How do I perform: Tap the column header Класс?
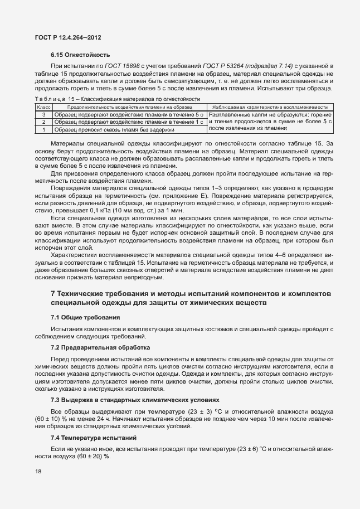pyautogui.click(x=43, y=106)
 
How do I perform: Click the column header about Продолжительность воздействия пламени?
pyautogui.click(x=129, y=106)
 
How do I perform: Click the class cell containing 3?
pyautogui.click(x=43, y=114)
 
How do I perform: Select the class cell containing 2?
pyautogui.click(x=43, y=121)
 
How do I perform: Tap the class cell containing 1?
pyautogui.click(x=43, y=129)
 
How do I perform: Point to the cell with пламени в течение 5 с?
pyautogui.click(x=129, y=114)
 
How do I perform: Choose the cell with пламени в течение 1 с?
pyautogui.click(x=129, y=121)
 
